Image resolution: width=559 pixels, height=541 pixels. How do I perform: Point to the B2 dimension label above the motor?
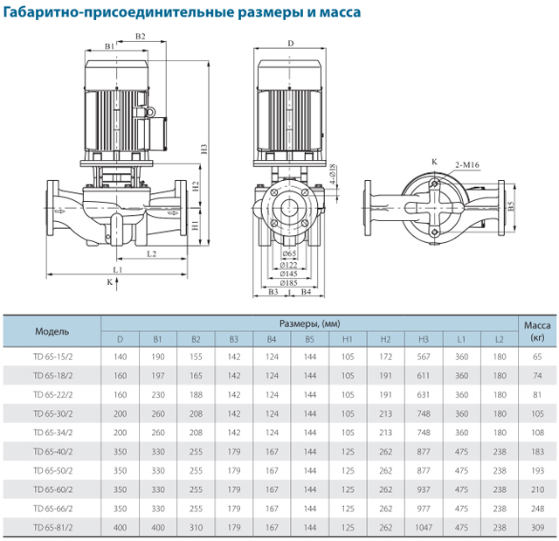(141, 36)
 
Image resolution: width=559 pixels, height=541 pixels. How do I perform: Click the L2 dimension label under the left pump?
(151, 253)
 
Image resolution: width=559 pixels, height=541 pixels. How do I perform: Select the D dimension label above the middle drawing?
(291, 43)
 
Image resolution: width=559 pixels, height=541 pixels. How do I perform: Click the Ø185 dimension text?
(290, 282)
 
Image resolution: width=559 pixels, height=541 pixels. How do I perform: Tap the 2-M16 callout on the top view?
(467, 163)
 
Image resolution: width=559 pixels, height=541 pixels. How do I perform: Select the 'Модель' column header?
(52, 331)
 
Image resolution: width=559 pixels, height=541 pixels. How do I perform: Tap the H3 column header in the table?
(424, 339)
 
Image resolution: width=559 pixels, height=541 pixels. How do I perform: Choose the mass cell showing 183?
(537, 451)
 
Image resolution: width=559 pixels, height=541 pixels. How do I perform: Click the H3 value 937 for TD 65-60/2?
(424, 489)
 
